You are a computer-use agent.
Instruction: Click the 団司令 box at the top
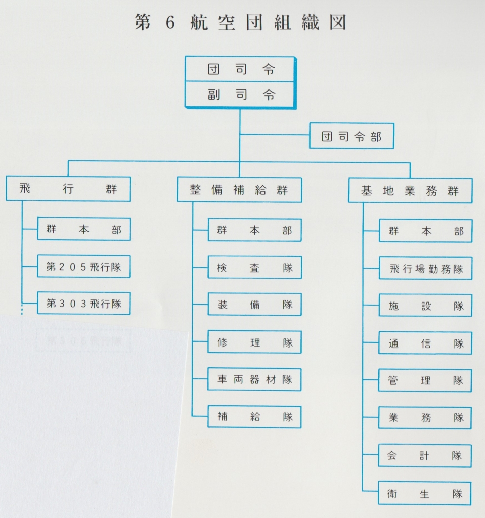click(240, 69)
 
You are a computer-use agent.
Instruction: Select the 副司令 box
click(240, 95)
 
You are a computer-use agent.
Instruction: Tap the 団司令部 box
click(351, 136)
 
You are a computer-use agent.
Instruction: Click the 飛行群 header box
click(68, 189)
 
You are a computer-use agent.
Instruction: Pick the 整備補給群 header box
click(239, 190)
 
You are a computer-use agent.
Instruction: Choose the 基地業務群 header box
click(410, 191)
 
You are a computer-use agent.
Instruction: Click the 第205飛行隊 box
click(84, 267)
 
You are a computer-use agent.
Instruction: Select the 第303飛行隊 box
click(84, 304)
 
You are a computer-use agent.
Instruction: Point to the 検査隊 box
click(254, 268)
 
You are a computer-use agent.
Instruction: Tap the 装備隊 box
click(254, 305)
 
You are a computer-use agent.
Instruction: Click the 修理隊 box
click(254, 342)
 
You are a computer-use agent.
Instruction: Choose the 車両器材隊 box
click(254, 379)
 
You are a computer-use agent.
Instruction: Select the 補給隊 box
click(254, 417)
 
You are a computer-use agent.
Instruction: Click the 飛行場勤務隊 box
click(425, 269)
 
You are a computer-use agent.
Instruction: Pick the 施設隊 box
click(425, 306)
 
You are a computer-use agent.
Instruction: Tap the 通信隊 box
click(425, 343)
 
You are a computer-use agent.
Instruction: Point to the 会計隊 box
click(425, 455)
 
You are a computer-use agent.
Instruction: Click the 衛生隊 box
click(425, 493)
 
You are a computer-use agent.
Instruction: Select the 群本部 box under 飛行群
click(84, 229)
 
